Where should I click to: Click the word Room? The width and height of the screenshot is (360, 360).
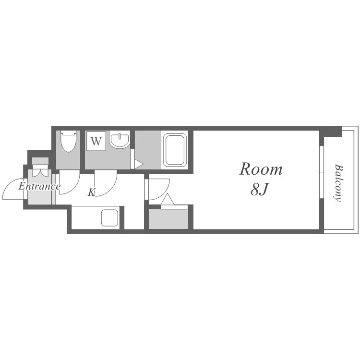[261, 169]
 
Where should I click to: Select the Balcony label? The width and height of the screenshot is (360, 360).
[338, 183]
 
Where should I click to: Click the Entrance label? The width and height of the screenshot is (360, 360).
[39, 186]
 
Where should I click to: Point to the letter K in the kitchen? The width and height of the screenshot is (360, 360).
[92, 192]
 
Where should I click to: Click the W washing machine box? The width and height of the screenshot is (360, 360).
[96, 141]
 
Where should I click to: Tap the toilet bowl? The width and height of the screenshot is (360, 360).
[69, 141]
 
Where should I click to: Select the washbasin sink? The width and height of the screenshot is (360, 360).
[120, 140]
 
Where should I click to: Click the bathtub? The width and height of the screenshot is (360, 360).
[175, 150]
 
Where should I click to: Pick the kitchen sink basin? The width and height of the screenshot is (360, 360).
[110, 217]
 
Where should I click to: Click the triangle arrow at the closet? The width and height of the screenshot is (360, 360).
[168, 199]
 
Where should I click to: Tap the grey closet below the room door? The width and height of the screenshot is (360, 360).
[168, 219]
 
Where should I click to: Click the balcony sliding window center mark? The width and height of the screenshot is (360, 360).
[322, 172]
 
